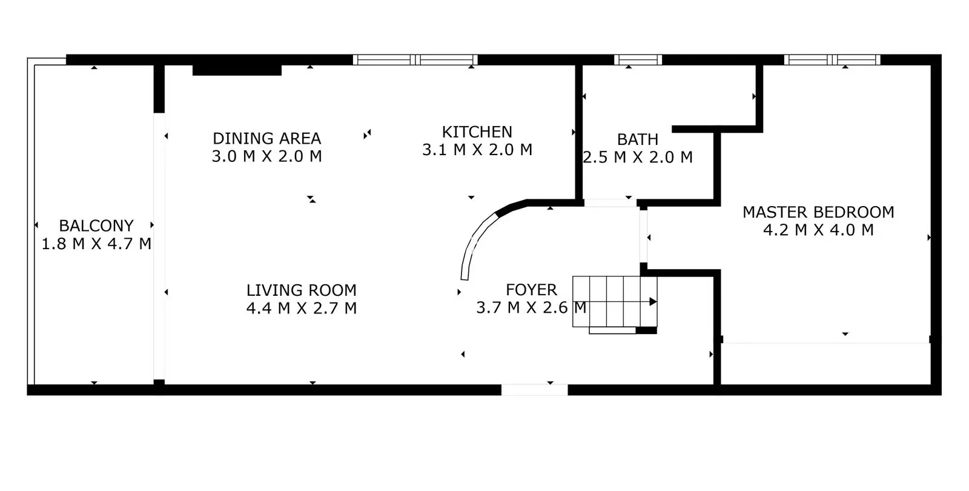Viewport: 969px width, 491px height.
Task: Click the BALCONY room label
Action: click(x=96, y=225)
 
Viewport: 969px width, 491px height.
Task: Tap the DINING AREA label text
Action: click(x=267, y=139)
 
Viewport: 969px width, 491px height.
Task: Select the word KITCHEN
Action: click(x=477, y=132)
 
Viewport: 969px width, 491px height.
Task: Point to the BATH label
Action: click(x=638, y=139)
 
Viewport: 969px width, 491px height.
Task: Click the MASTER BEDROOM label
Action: click(x=818, y=212)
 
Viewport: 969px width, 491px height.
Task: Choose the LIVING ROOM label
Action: click(x=302, y=290)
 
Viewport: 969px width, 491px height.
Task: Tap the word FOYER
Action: click(x=531, y=290)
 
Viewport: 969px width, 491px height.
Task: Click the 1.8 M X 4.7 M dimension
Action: click(x=96, y=244)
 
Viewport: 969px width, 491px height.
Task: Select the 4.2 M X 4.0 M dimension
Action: click(x=818, y=230)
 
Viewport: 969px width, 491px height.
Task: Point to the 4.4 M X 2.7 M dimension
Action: click(x=302, y=309)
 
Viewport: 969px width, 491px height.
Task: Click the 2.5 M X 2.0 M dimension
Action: click(x=638, y=157)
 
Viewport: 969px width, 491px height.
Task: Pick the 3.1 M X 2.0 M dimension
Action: click(x=477, y=150)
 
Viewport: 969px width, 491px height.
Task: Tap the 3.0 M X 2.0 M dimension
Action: click(x=267, y=156)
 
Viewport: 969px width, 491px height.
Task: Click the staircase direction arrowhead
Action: click(x=653, y=302)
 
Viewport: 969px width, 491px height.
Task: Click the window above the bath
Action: click(x=638, y=60)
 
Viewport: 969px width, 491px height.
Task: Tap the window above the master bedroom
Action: click(x=832, y=60)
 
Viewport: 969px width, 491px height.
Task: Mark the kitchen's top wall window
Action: click(x=415, y=60)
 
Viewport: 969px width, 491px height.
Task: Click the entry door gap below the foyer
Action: click(x=535, y=390)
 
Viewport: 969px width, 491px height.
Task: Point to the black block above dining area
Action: click(x=237, y=70)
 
